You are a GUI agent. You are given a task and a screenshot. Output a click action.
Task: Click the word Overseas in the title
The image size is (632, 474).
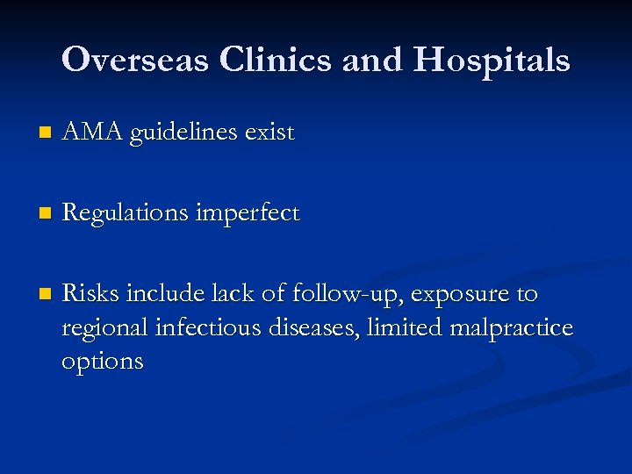pyautogui.click(x=136, y=60)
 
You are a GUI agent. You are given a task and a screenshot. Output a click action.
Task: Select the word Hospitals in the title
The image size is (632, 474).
pyautogui.click(x=492, y=60)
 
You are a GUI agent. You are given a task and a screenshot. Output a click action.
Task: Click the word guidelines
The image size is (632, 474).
pyautogui.click(x=183, y=133)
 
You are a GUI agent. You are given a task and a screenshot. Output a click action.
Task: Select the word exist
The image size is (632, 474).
pyautogui.click(x=269, y=133)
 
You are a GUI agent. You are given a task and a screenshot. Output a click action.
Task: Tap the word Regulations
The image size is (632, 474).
pyautogui.click(x=125, y=213)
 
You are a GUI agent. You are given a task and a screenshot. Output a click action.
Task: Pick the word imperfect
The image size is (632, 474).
pyautogui.click(x=248, y=213)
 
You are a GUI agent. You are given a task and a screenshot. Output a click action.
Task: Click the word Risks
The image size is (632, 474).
pyautogui.click(x=90, y=293)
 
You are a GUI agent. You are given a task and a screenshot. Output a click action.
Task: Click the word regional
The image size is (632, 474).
pyautogui.click(x=104, y=328)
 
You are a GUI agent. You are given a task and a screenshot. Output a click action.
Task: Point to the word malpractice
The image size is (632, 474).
pyautogui.click(x=511, y=328)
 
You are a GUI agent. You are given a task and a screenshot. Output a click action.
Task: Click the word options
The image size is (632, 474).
pyautogui.click(x=102, y=362)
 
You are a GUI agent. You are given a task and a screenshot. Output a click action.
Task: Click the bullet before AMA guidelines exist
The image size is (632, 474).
pyautogui.click(x=33, y=134)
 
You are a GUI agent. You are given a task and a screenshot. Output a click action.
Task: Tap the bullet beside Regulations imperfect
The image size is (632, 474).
pyautogui.click(x=33, y=214)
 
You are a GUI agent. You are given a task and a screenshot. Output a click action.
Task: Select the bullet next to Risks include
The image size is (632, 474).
pyautogui.click(x=33, y=294)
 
